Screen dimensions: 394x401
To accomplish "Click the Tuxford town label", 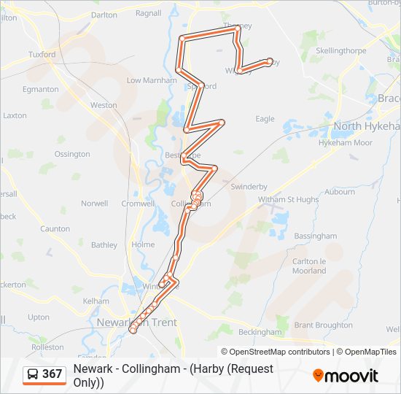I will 42,55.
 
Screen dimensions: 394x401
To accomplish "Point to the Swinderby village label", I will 249,187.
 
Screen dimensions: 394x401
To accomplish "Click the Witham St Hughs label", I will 288,199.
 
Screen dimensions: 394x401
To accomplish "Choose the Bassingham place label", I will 315,236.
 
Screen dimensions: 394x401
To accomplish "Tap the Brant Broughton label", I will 323,325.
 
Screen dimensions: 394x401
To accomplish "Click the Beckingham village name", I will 260,332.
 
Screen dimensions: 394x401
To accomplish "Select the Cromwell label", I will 138,204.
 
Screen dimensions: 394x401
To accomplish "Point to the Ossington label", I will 72,155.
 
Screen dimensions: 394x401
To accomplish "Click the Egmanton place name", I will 41,90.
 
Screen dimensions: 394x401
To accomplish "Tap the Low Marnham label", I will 152,80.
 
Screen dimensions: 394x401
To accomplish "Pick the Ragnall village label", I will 149,13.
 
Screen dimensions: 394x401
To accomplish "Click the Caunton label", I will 55,229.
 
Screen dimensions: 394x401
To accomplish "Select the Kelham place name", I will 96,301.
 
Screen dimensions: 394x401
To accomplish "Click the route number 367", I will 52,374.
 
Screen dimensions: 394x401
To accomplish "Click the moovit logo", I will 346,376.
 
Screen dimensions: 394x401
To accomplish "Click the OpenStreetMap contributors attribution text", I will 279,352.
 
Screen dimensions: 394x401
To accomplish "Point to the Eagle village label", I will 265,119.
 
